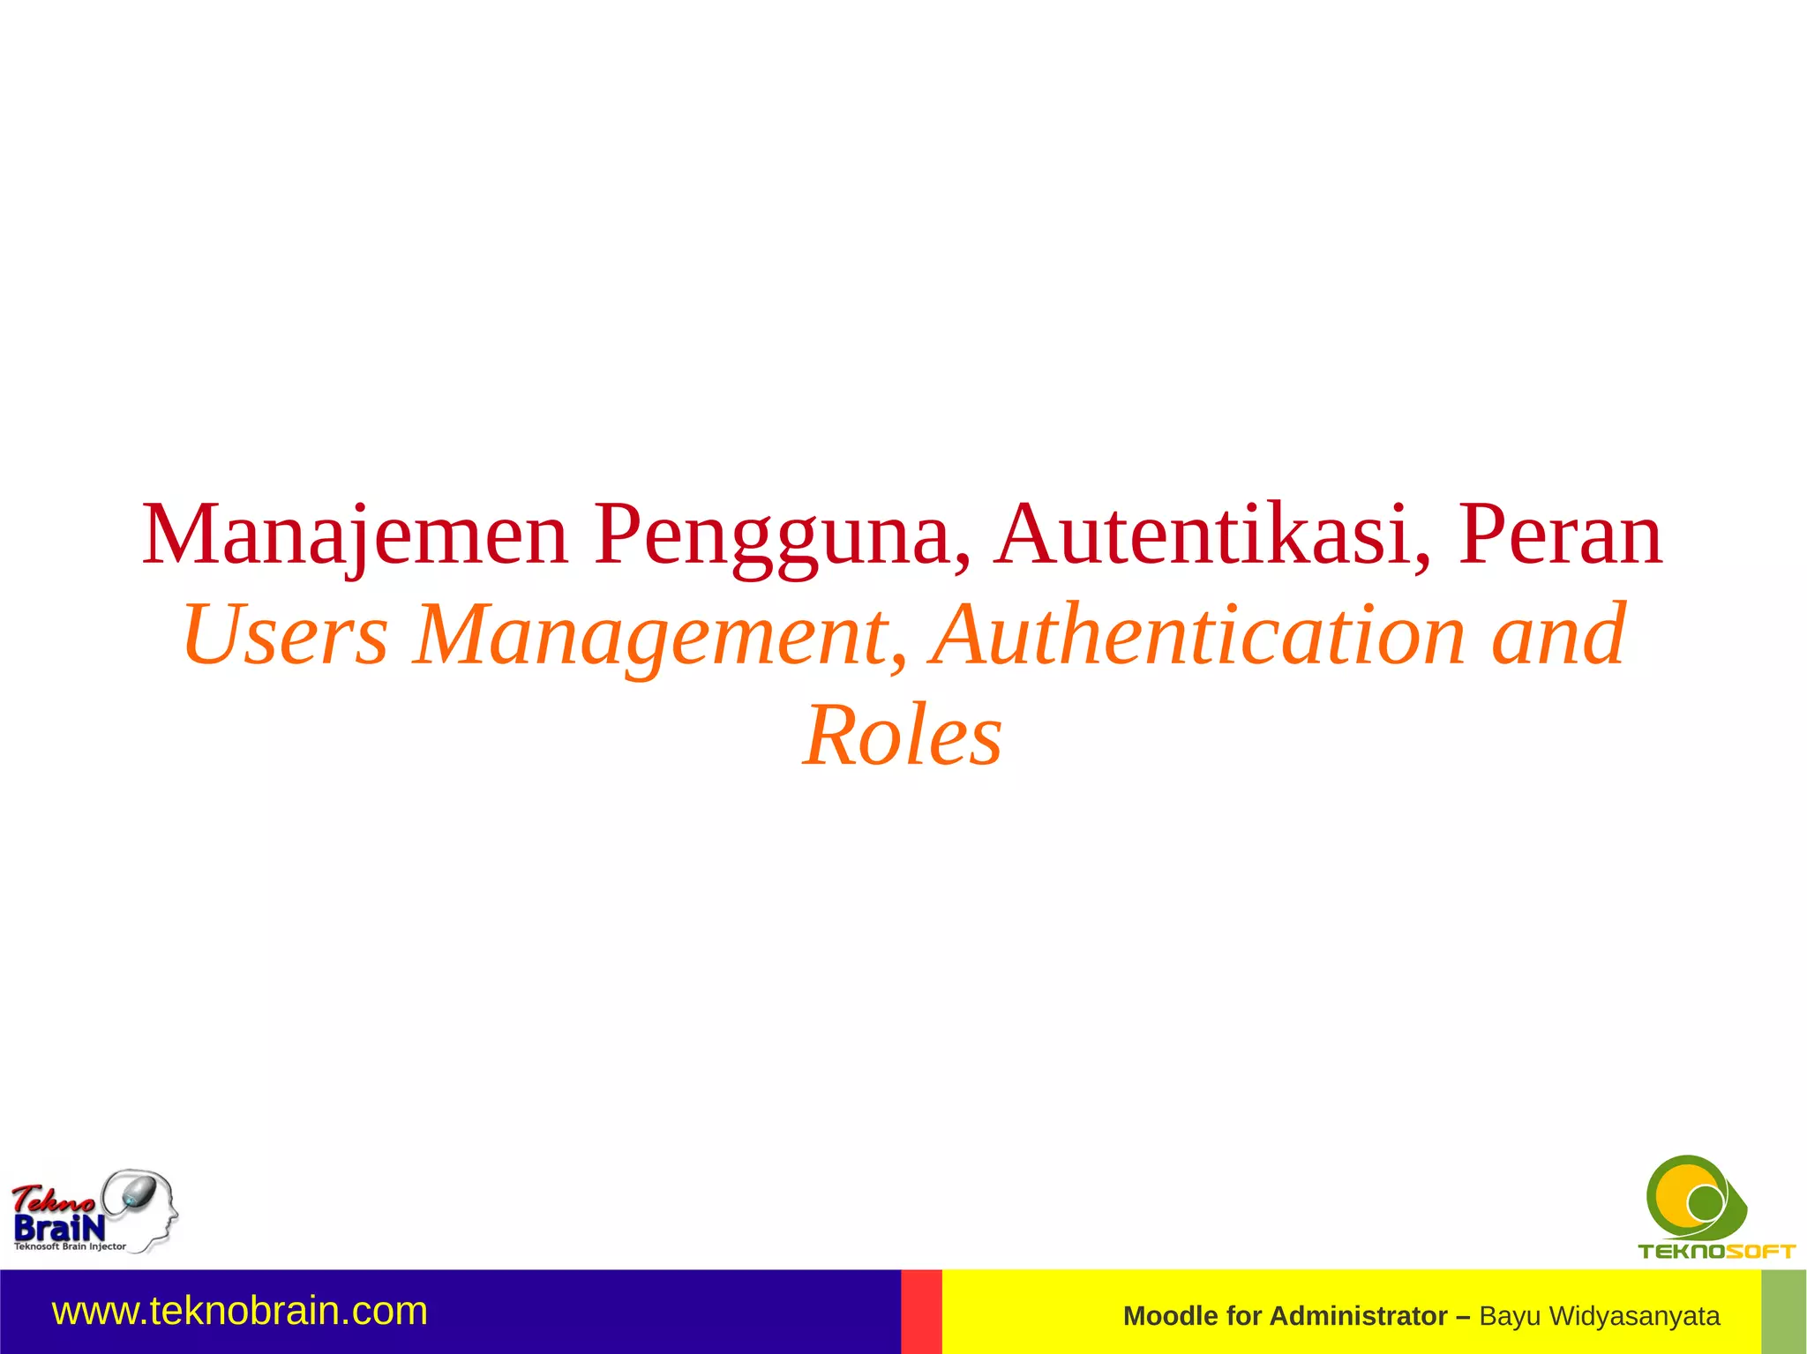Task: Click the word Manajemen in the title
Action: tap(355, 535)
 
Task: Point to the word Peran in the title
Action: tap(1560, 535)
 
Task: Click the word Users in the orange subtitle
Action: tap(285, 635)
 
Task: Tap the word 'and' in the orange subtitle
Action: tap(1558, 635)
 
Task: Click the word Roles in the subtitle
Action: tap(903, 736)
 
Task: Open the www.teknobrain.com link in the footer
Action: tap(240, 1312)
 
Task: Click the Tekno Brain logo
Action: tap(94, 1210)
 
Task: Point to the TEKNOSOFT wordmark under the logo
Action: tap(1716, 1251)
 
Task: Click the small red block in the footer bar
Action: tap(921, 1312)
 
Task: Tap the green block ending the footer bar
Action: tap(1783, 1312)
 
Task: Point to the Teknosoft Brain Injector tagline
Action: tap(70, 1247)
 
